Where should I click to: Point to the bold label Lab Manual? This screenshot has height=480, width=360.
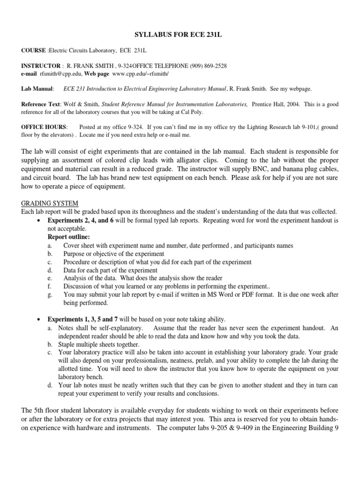click(37, 88)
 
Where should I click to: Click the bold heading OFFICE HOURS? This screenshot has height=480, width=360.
click(44, 127)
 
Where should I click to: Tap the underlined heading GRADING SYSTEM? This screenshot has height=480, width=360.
click(50, 203)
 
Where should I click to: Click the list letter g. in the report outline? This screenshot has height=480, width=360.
click(50, 295)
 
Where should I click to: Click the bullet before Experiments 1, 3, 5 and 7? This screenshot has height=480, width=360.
click(39, 319)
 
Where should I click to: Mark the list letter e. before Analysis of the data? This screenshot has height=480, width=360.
click(50, 278)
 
